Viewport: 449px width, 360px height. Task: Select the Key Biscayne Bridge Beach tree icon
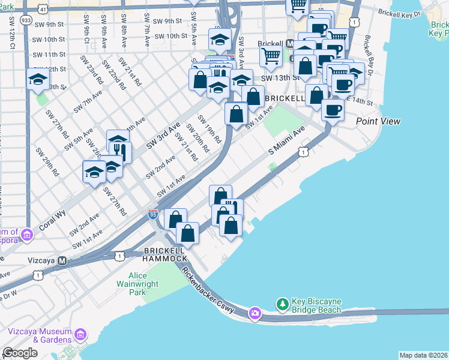tap(282, 305)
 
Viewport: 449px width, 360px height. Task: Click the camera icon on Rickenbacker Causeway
tap(255, 313)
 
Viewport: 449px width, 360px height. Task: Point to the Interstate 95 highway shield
tap(153, 214)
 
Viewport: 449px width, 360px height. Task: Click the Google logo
tap(20, 352)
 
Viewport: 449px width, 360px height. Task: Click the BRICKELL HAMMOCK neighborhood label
tap(165, 254)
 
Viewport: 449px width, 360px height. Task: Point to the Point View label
tap(378, 121)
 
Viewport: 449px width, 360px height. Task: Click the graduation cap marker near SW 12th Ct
tap(37, 79)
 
